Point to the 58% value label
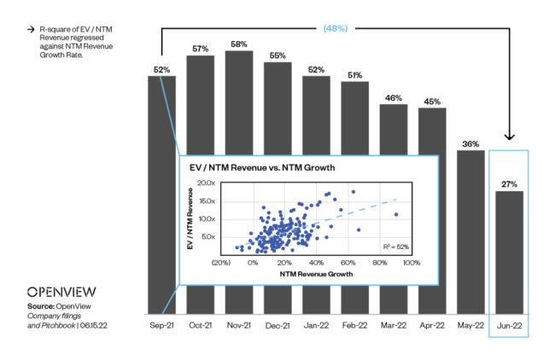point(239,43)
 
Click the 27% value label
point(509,183)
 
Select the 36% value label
point(470,143)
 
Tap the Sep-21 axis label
point(161,325)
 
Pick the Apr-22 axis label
point(432,325)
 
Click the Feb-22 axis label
point(354,325)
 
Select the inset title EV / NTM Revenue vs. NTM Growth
point(261,168)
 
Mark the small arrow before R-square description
point(31,29)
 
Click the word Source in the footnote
point(41,305)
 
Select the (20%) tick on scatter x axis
point(221,263)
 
